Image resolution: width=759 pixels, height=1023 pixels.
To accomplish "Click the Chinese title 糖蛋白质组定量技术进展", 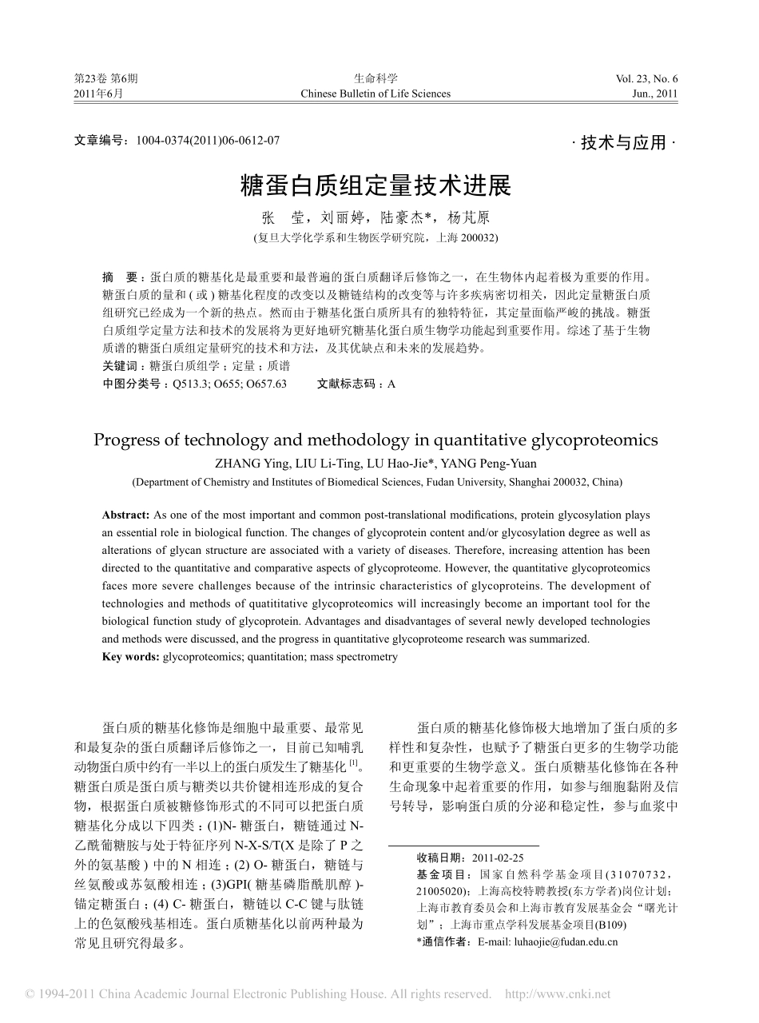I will [x=376, y=186].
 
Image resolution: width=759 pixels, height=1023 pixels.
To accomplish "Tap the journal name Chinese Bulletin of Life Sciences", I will [x=376, y=94].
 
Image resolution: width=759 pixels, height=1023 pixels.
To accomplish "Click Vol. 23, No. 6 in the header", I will [x=646, y=78].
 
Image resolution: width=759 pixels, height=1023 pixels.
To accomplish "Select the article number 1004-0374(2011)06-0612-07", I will [x=209, y=140].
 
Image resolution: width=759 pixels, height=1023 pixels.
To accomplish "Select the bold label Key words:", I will [x=131, y=657].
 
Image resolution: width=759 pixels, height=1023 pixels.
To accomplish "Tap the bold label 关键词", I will [x=119, y=365].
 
